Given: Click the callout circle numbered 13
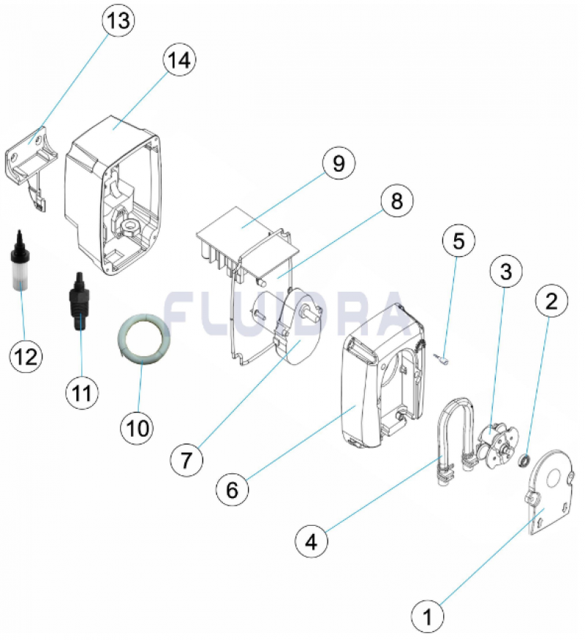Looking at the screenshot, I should click(x=118, y=21).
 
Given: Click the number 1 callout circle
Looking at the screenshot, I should click(x=429, y=616).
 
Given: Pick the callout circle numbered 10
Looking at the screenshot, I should click(x=139, y=424).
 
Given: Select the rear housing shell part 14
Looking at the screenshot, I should click(x=117, y=197).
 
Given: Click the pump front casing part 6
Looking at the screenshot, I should click(x=366, y=395).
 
